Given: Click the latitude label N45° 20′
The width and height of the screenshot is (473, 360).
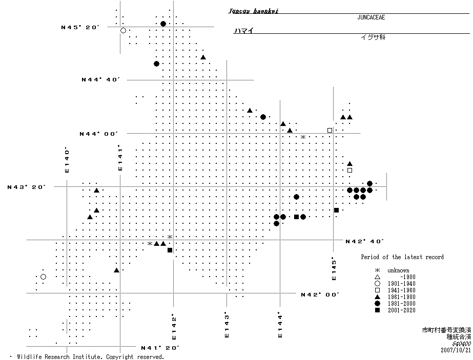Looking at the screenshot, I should click(80, 27).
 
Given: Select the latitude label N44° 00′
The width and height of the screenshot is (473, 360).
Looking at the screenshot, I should click(98, 134).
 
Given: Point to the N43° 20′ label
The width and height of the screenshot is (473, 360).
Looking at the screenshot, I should click(27, 187).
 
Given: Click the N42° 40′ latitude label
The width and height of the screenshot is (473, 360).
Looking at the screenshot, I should click(365, 241).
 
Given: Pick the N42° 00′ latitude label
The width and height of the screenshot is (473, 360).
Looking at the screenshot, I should click(320, 294).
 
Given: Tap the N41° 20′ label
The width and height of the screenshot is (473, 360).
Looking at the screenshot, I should click(160, 348).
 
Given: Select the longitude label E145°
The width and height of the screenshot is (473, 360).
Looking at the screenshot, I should click(334, 268).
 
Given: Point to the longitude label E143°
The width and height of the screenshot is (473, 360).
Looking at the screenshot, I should click(226, 324).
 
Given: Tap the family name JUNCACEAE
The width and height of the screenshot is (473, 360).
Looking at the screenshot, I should click(371, 17).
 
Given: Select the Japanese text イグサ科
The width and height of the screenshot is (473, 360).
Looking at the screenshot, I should click(372, 37).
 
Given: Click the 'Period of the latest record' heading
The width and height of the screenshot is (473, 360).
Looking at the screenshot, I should click(402, 257).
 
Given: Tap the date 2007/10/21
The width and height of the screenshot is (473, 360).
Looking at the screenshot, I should click(455, 350).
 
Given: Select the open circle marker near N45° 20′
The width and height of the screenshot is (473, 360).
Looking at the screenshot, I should click(123, 31).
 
